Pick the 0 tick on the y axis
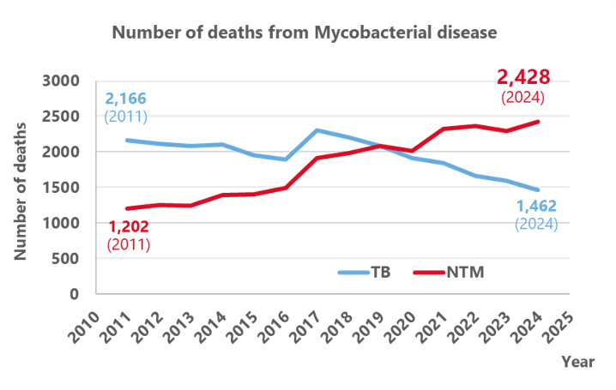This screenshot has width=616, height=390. click(74, 294)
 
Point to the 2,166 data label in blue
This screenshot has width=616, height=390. click(127, 99)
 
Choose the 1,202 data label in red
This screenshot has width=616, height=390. click(130, 227)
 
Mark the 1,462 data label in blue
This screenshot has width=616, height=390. click(536, 206)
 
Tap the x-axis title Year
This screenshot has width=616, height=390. click(577, 362)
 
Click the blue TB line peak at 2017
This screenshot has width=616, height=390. click(317, 130)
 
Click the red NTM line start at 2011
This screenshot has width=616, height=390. click(128, 208)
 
